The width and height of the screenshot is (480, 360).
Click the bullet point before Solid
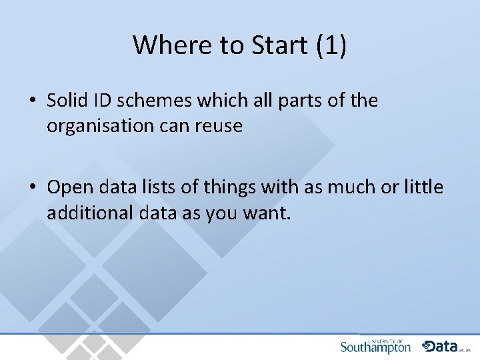[32, 101]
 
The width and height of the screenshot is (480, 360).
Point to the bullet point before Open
[32, 188]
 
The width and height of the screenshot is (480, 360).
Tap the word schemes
[149, 101]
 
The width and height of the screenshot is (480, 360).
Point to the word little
[423, 187]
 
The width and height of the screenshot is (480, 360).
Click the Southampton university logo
[375, 346]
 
